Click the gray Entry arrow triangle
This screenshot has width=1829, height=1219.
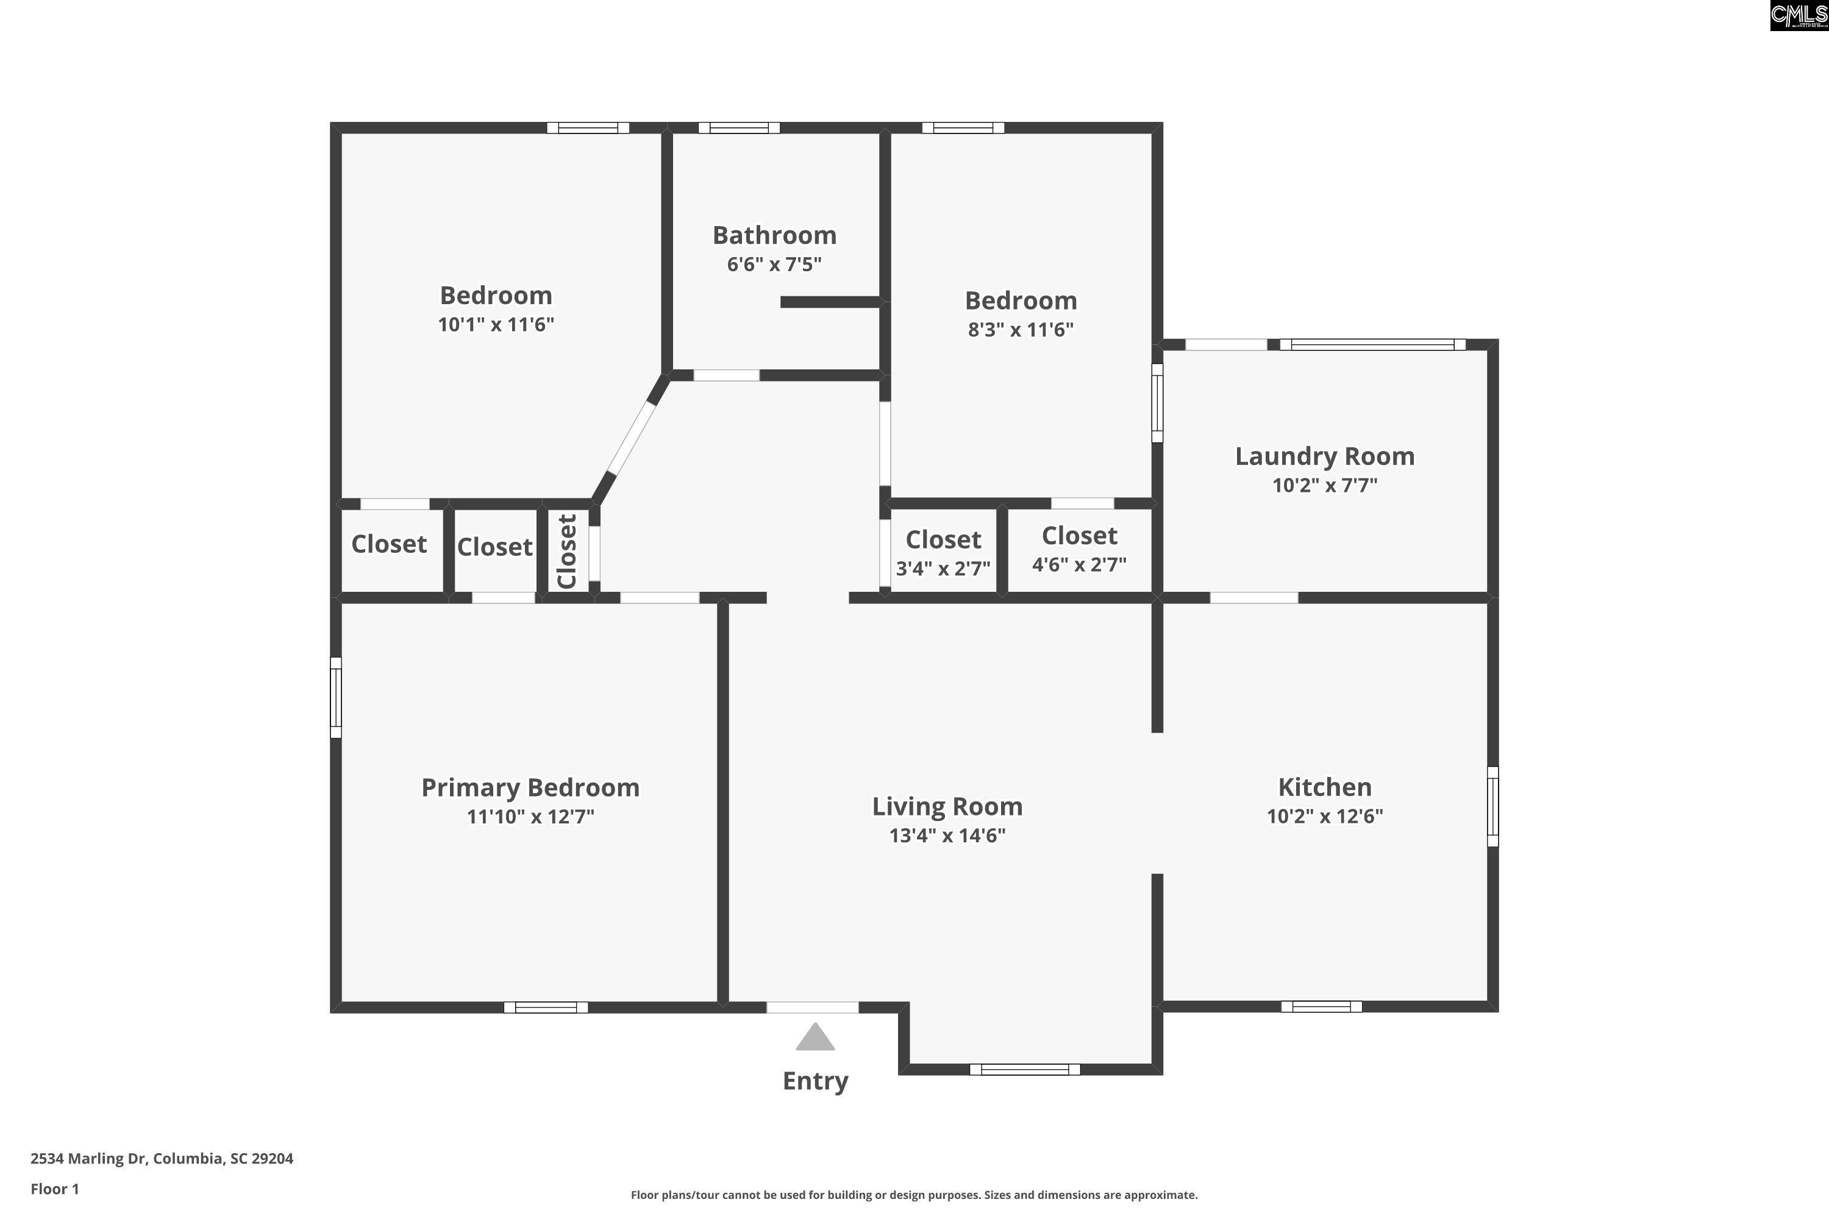point(815,1037)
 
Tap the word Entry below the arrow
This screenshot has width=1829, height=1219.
point(815,1081)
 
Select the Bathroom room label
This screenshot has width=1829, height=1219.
point(774,235)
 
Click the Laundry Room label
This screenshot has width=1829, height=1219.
point(1325,457)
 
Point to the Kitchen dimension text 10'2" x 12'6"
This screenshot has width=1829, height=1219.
point(1325,816)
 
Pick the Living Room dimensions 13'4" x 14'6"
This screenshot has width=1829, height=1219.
point(947,836)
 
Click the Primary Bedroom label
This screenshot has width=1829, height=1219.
point(530,788)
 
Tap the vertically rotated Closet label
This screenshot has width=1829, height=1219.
point(567,550)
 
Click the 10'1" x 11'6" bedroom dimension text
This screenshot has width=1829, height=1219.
point(496,324)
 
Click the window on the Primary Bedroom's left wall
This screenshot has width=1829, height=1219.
point(336,697)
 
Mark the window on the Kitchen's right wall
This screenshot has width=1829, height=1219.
point(1493,807)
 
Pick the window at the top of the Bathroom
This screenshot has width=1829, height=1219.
point(739,127)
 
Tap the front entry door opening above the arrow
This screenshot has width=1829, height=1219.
point(813,1008)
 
